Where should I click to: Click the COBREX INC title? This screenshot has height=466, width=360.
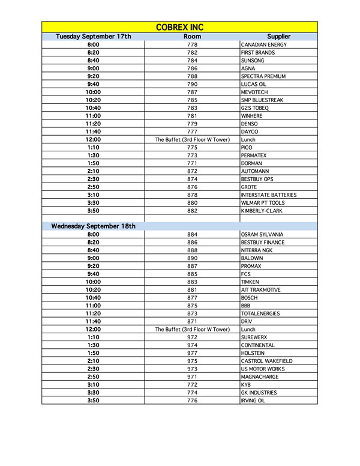tap(180, 28)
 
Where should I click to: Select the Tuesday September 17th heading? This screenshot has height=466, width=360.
tap(93, 37)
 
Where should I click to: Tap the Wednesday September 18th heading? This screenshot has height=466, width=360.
tap(93, 226)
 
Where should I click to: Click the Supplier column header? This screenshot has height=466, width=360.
tap(278, 37)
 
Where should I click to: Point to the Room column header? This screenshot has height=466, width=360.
tap(192, 37)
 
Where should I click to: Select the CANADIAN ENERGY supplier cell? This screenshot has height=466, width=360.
tap(263, 45)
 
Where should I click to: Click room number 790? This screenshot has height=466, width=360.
tap(192, 85)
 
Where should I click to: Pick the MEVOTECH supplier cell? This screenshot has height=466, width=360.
tap(254, 92)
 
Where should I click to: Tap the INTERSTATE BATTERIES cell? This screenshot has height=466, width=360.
tap(268, 195)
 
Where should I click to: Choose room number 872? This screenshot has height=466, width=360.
tap(192, 171)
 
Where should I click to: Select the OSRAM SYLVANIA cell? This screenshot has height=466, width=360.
tap(262, 234)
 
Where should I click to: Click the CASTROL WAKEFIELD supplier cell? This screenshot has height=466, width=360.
tap(266, 361)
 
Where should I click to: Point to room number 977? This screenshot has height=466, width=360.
tap(192, 353)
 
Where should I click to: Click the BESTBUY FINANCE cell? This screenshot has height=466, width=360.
tap(263, 243)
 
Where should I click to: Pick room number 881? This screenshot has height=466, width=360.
tap(192, 289)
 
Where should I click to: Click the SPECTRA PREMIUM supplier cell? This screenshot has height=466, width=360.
tap(263, 76)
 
